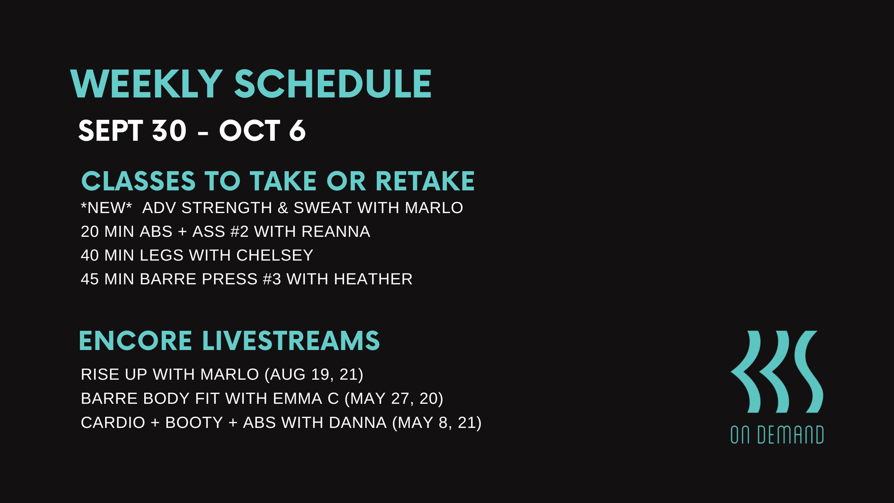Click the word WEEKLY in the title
pyautogui.click(x=146, y=84)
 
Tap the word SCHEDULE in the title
pyautogui.click(x=333, y=84)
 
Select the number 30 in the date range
pyautogui.click(x=169, y=131)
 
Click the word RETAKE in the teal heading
pyautogui.click(x=425, y=181)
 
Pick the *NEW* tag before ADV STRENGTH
pyautogui.click(x=106, y=207)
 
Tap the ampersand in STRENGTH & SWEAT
pyautogui.click(x=283, y=208)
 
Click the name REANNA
pyautogui.click(x=336, y=232)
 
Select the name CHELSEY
pyautogui.click(x=274, y=255)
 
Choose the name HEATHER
pyautogui.click(x=373, y=279)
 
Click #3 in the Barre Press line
pyautogui.click(x=272, y=279)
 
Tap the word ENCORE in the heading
pyautogui.click(x=135, y=341)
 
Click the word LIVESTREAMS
pyautogui.click(x=291, y=341)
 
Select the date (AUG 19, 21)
pyautogui.click(x=314, y=375)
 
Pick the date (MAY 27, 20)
pyautogui.click(x=394, y=399)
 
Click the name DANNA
pyautogui.click(x=358, y=423)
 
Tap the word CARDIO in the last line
pyautogui.click(x=113, y=423)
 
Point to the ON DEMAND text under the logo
pyautogui.click(x=777, y=435)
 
